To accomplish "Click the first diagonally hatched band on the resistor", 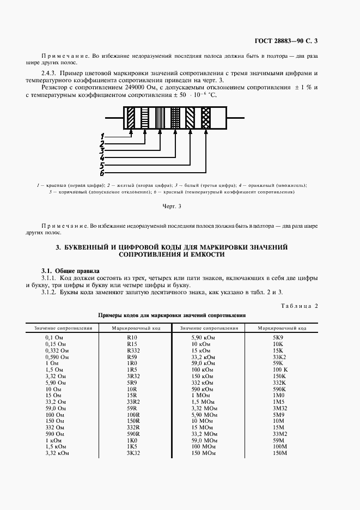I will point(131,117).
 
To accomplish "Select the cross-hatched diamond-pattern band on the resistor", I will point(206,117).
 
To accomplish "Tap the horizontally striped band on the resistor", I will point(145,117).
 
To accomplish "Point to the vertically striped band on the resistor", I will point(160,117).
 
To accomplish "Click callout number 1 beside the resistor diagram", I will point(102,135).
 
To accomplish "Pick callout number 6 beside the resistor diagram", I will point(102,173).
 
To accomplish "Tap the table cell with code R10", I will point(132,338).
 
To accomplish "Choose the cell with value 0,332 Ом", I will point(57,350).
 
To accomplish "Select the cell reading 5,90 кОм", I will point(202,338).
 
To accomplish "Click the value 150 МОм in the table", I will point(204,453).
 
